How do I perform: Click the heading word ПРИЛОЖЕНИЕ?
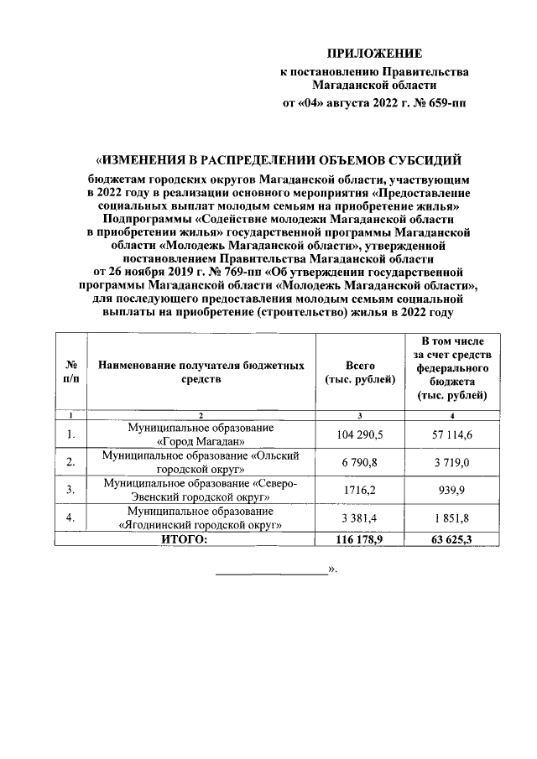pyautogui.click(x=374, y=53)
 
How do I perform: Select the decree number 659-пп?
pyautogui.click(x=447, y=104)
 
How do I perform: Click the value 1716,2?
pyautogui.click(x=359, y=488)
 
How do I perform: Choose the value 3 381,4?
pyautogui.click(x=359, y=517)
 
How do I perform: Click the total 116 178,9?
pyautogui.click(x=359, y=538)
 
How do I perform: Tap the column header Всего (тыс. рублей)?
pyautogui.click(x=359, y=373)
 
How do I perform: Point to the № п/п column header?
pyautogui.click(x=71, y=373)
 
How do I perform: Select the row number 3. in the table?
pyautogui.click(x=71, y=488)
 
